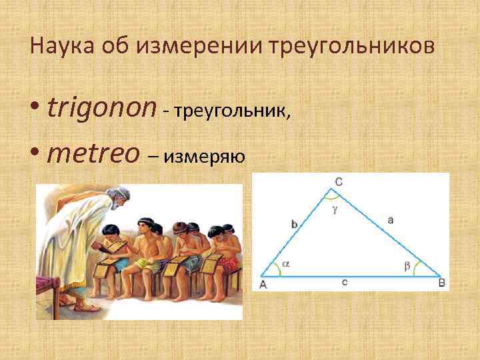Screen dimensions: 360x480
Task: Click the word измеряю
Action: (x=207, y=157)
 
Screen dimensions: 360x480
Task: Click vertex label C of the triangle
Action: (x=339, y=181)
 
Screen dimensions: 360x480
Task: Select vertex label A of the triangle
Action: (x=262, y=284)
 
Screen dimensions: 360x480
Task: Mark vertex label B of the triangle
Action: (x=441, y=283)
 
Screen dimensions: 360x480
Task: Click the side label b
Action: (x=294, y=225)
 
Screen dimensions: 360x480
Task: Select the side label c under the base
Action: (x=344, y=282)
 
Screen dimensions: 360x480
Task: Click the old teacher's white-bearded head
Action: (x=119, y=199)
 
